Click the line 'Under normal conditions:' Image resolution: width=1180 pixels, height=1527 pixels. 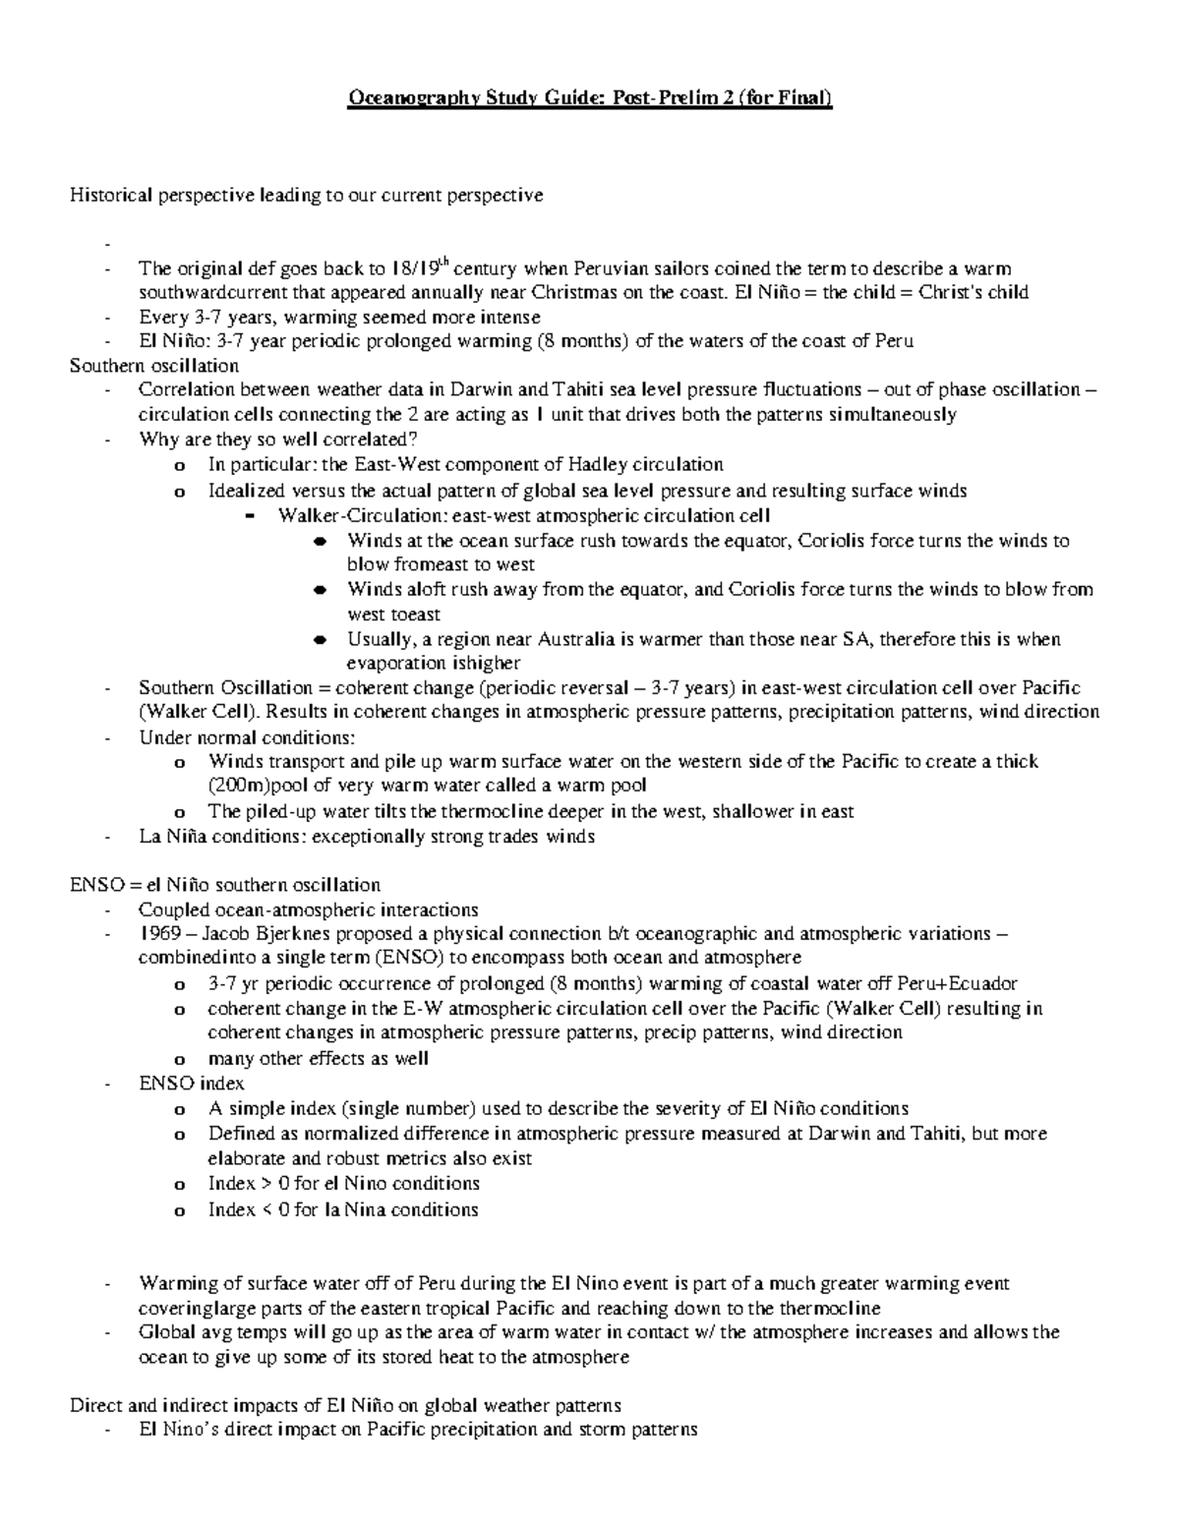click(247, 737)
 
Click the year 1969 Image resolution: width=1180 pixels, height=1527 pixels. click(159, 933)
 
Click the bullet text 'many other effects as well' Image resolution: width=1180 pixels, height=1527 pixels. click(318, 1058)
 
